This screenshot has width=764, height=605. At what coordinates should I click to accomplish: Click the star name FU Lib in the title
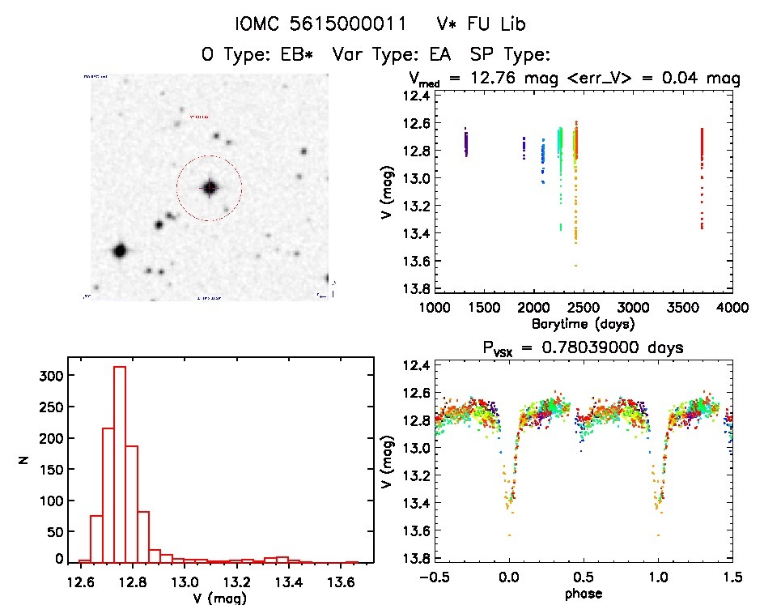click(x=496, y=24)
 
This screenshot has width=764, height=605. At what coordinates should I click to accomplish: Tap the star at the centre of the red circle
click(x=210, y=188)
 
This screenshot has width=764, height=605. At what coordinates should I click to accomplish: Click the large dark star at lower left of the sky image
click(x=120, y=251)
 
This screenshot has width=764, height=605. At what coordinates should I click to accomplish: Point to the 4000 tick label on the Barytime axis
click(x=732, y=308)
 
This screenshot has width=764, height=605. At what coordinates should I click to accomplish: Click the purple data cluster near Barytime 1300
click(x=466, y=143)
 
